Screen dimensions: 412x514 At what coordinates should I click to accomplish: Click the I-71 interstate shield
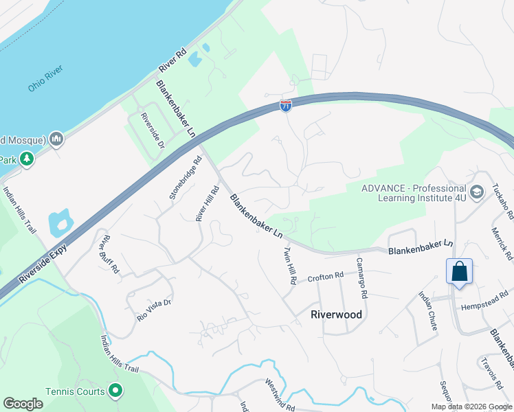286,106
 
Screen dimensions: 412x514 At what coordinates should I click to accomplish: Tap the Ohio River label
46,79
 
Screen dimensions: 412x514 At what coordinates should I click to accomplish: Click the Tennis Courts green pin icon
115,391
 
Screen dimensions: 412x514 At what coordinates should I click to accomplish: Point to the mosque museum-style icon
56,139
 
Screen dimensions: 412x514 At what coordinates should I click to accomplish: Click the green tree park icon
27,159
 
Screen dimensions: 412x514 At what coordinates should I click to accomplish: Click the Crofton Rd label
325,277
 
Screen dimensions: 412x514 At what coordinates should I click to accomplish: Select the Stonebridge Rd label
186,178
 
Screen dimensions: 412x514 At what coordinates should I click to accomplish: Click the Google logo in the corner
23,404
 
